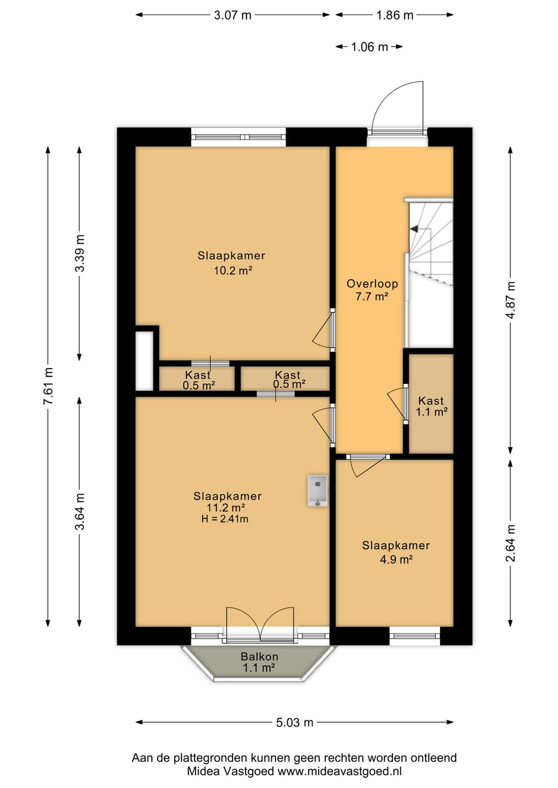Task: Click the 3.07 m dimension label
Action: (233, 15)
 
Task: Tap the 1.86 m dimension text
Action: (395, 15)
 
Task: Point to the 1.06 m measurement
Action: (369, 46)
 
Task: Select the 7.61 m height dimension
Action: (48, 386)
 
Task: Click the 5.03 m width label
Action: (295, 722)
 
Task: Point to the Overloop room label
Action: (372, 283)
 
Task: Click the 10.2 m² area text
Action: (233, 271)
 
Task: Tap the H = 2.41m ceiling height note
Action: (225, 518)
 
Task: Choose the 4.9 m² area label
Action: (396, 559)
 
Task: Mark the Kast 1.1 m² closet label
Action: (431, 406)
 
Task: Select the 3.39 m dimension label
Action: (80, 253)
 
